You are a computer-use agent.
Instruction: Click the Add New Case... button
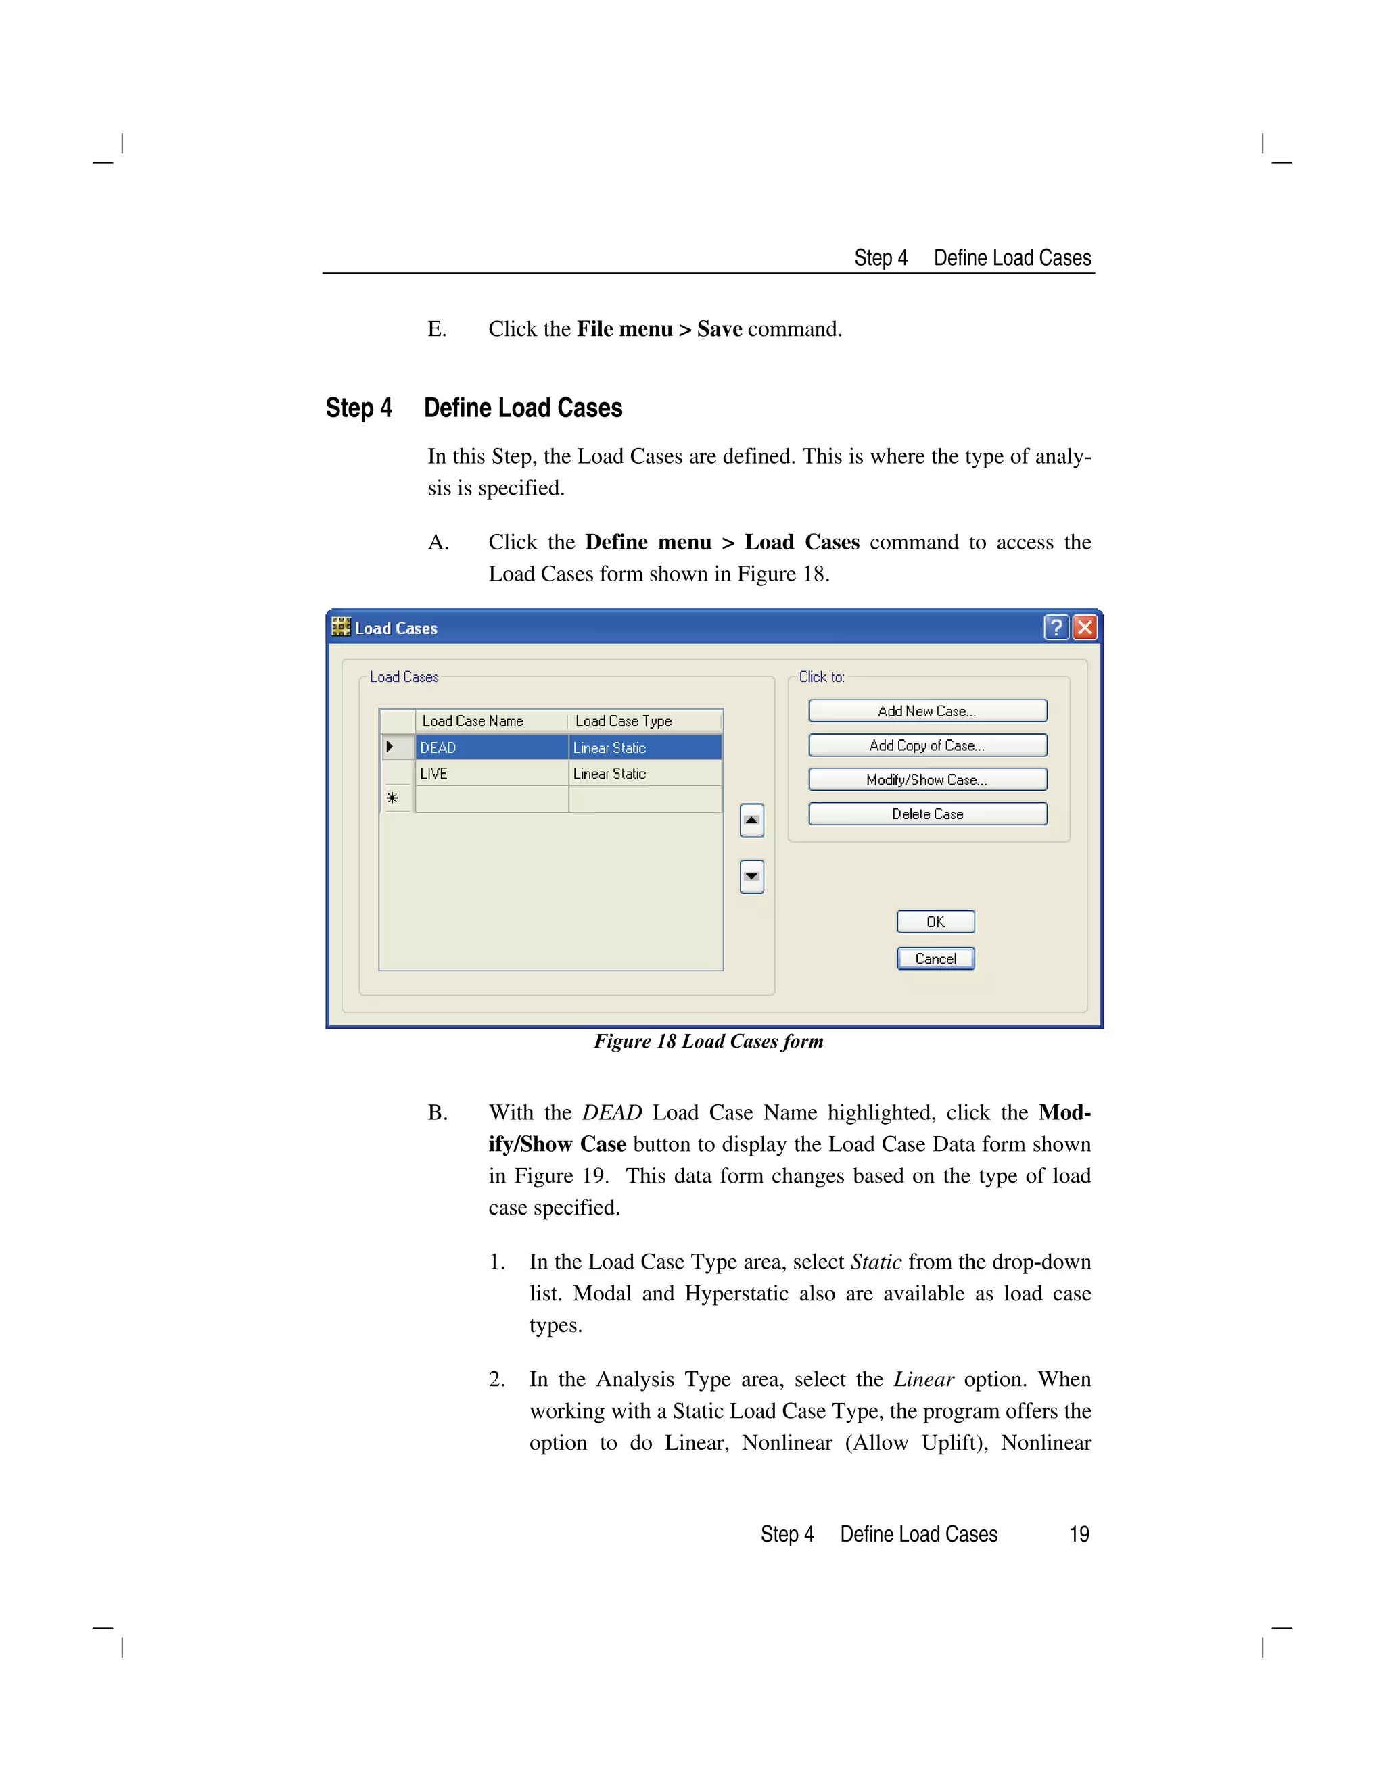click(927, 711)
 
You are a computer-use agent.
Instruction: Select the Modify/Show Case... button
click(927, 780)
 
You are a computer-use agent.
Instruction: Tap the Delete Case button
click(927, 814)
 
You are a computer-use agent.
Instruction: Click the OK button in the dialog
click(935, 922)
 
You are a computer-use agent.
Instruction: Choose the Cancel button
click(935, 958)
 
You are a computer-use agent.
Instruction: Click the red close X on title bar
click(1085, 627)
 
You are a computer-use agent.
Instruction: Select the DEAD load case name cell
click(491, 748)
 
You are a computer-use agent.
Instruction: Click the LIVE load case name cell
click(491, 773)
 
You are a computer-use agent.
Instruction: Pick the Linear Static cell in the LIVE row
click(644, 773)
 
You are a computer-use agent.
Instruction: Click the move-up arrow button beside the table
click(751, 820)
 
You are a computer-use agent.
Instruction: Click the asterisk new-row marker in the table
click(393, 799)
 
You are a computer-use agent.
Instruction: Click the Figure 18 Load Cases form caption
click(708, 1041)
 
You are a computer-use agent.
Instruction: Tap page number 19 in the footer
click(1079, 1534)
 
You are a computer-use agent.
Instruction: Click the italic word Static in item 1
click(876, 1262)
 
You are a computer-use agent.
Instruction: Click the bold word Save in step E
click(720, 330)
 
